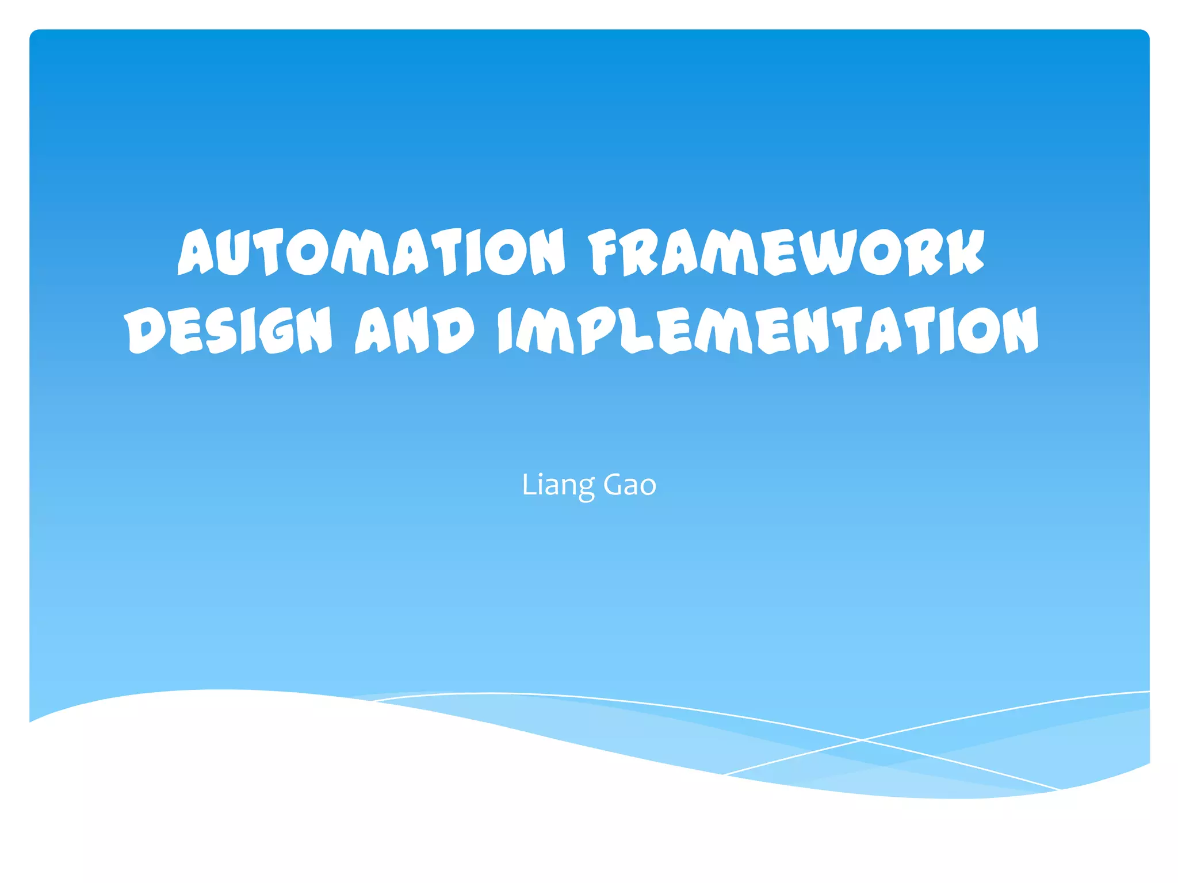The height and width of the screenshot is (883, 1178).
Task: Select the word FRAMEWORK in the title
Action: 786,252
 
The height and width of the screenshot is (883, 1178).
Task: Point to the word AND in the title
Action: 415,330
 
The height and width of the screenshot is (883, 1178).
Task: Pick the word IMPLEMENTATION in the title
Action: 768,330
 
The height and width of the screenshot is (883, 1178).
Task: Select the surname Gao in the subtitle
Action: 629,485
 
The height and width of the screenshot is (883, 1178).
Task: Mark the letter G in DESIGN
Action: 278,331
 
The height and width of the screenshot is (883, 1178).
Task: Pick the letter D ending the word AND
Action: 454,330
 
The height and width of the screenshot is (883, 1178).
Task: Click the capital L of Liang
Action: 528,485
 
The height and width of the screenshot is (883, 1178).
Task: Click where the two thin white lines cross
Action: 862,740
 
